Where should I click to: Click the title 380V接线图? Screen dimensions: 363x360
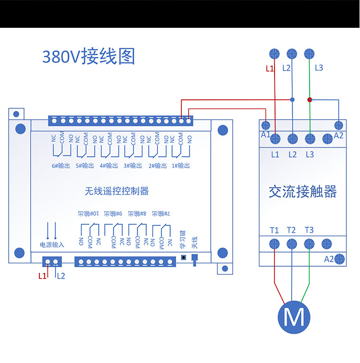coord(89,57)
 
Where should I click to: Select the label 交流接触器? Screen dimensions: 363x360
coord(302,192)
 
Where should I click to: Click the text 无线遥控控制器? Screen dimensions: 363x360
coord(117,191)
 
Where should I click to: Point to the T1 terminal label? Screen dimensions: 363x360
coord(274,230)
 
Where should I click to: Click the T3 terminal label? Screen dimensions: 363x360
coord(309,230)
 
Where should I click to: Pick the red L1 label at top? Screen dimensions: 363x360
coord(270,69)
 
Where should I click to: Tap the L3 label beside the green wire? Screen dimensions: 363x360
coord(319,68)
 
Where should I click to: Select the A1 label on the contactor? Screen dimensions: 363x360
coord(266,134)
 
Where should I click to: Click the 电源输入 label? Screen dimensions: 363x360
coord(52,244)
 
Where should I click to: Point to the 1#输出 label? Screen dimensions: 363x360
coord(180,166)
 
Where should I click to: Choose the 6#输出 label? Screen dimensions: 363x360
coord(60,166)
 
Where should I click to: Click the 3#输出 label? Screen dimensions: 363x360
coord(133,166)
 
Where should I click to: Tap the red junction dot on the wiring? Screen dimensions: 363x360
coord(310,100)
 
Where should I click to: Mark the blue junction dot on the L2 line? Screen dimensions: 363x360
coord(292,100)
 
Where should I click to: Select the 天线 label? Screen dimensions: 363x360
coord(194,242)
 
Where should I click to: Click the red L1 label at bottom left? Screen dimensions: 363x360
coord(42,276)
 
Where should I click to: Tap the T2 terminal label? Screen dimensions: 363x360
coord(291,230)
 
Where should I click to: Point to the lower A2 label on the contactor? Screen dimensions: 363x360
coord(329,259)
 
